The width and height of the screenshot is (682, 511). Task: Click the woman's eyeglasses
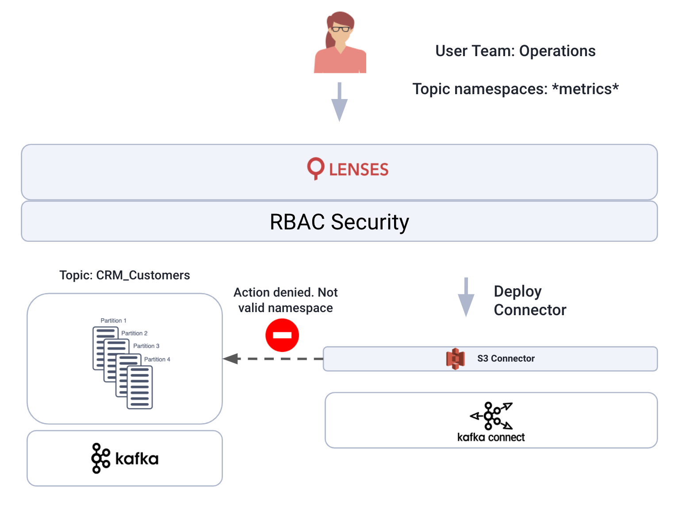(x=341, y=29)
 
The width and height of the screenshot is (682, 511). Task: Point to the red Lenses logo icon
(x=316, y=168)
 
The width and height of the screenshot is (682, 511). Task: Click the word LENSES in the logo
(x=359, y=170)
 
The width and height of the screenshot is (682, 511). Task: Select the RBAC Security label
(x=339, y=222)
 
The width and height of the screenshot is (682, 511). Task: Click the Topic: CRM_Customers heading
(x=125, y=275)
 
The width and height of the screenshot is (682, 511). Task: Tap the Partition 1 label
(x=113, y=320)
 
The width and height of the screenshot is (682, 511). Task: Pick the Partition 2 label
(x=134, y=333)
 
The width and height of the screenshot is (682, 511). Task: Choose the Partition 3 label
(x=146, y=346)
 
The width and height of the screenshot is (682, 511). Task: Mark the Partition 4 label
(x=157, y=359)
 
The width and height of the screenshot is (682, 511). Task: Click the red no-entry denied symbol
(x=282, y=335)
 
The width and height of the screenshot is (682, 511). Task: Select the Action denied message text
(x=286, y=300)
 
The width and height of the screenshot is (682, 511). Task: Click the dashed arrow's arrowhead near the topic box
(x=231, y=358)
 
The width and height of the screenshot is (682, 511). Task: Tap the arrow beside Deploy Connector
(x=466, y=299)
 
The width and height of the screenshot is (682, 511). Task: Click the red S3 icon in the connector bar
(x=455, y=358)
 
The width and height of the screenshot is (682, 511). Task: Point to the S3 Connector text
(x=506, y=358)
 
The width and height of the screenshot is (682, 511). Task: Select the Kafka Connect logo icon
(x=491, y=416)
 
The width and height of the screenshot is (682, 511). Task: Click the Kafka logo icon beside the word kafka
(x=100, y=458)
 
